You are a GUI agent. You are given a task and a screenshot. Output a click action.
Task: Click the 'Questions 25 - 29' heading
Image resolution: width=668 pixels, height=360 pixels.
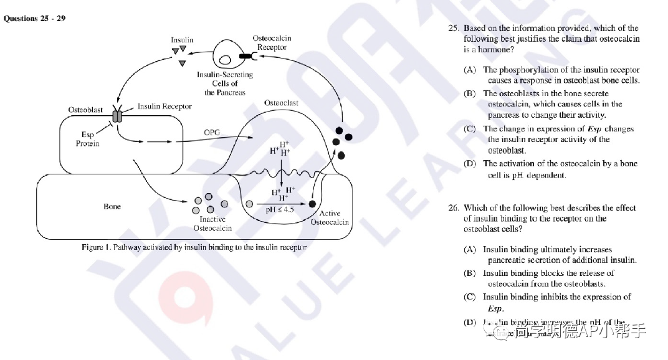[x=35, y=18]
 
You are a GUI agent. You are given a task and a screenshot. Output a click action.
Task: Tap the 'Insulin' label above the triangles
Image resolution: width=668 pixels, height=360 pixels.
[x=182, y=40]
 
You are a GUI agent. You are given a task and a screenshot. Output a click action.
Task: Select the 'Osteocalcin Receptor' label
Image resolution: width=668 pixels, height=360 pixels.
[x=272, y=42]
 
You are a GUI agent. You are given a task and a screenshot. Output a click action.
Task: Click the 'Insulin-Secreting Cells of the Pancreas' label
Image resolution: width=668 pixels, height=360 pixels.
[x=225, y=83]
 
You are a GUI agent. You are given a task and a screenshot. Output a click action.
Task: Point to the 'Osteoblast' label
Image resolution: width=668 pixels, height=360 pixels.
[x=85, y=110]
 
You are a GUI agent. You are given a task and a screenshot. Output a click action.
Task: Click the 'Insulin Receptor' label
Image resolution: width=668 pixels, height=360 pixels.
[x=165, y=107]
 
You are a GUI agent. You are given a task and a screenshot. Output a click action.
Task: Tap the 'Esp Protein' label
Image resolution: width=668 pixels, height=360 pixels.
[x=87, y=139]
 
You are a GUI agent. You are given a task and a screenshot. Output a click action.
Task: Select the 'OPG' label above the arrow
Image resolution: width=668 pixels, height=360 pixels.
[x=212, y=133]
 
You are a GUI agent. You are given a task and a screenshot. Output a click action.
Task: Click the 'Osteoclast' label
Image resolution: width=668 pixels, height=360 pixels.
[x=281, y=103]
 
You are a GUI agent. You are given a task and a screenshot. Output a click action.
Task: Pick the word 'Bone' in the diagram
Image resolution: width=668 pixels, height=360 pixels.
[x=112, y=206]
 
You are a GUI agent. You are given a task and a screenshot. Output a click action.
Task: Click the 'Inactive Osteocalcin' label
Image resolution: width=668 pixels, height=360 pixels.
[x=212, y=224]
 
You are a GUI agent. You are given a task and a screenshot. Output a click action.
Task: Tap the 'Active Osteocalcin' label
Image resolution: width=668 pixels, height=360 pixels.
[x=330, y=218]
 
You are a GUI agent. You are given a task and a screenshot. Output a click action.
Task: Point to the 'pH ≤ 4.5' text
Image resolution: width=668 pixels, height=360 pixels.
[x=280, y=210]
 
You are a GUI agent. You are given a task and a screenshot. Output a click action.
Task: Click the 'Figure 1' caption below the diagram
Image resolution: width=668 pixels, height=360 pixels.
[x=194, y=247]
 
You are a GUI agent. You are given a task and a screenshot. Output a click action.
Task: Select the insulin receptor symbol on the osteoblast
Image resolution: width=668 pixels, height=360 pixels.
[x=117, y=116]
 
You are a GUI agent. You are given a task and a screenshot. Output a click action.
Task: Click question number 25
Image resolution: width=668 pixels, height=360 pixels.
[x=453, y=28]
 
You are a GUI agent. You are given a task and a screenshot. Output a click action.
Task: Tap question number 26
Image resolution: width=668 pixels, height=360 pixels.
[x=453, y=208]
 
